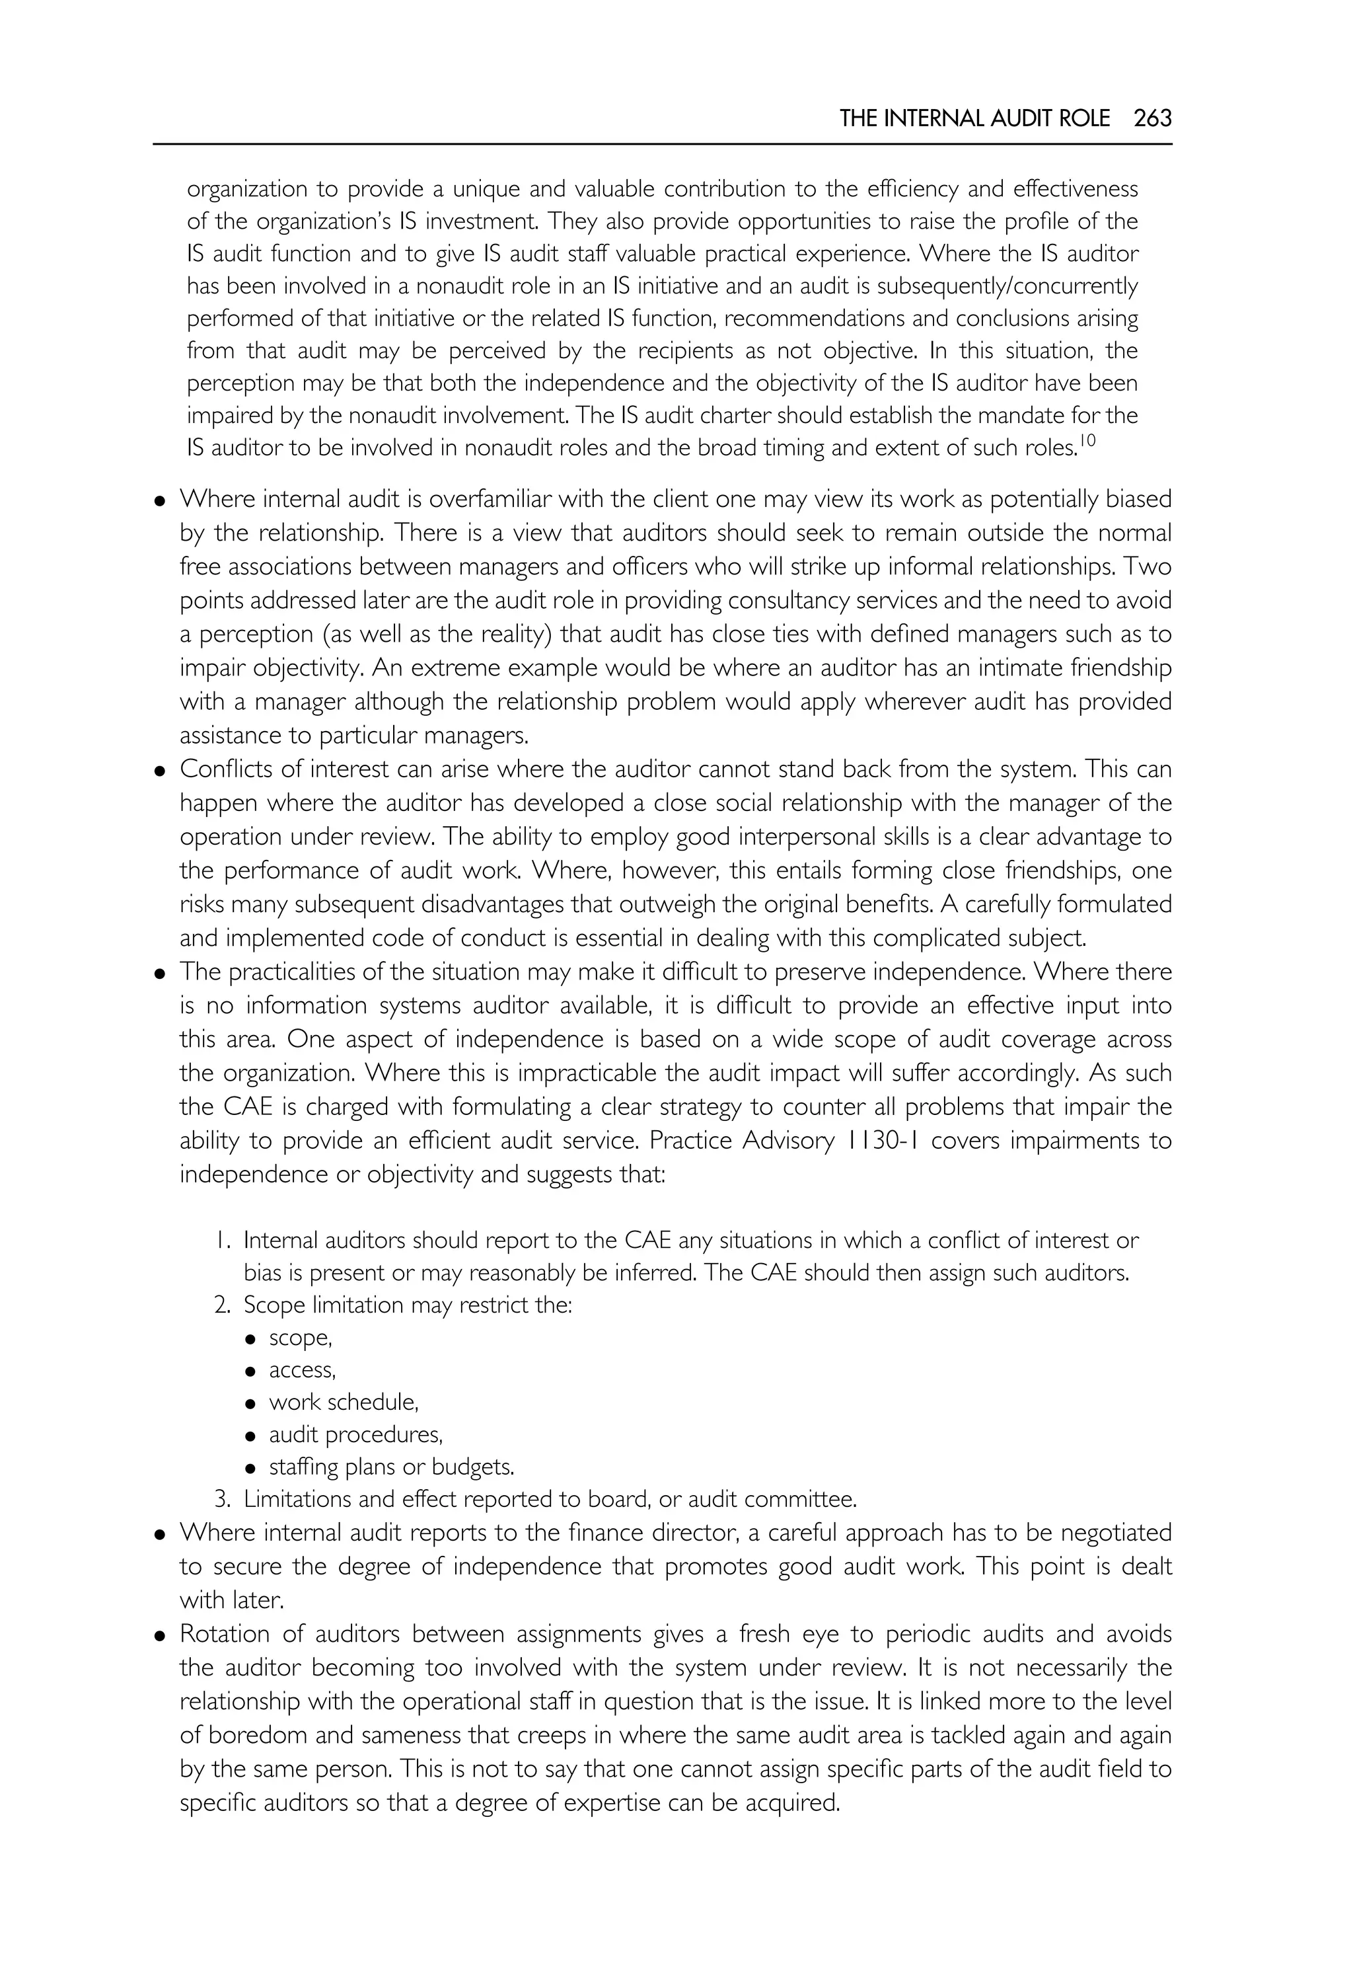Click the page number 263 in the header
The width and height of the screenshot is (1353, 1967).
1152,119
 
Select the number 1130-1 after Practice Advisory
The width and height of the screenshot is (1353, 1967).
882,1141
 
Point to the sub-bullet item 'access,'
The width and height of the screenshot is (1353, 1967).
302,1370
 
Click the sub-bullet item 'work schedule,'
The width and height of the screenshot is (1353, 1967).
344,1402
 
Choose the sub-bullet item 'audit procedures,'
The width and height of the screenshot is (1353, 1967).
355,1434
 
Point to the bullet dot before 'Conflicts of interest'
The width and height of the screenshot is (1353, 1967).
159,771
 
